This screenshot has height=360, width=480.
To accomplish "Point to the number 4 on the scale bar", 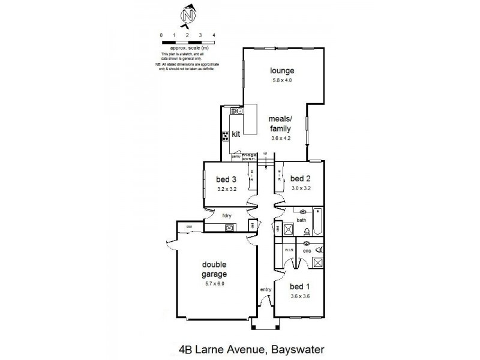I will click(x=214, y=35).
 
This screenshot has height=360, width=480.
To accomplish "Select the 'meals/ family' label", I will click(x=280, y=124).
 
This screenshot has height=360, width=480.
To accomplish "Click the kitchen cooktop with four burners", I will click(x=226, y=135).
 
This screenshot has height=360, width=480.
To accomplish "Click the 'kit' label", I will click(x=236, y=134).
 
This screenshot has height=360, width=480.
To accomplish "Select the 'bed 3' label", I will click(x=227, y=178).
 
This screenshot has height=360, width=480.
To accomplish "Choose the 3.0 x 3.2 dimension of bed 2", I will click(x=299, y=188).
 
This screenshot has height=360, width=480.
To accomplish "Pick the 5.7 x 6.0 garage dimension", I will click(x=214, y=284).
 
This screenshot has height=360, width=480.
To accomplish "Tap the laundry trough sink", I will click(x=229, y=227).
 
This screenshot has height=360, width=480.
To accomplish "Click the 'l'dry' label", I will click(x=227, y=215).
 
